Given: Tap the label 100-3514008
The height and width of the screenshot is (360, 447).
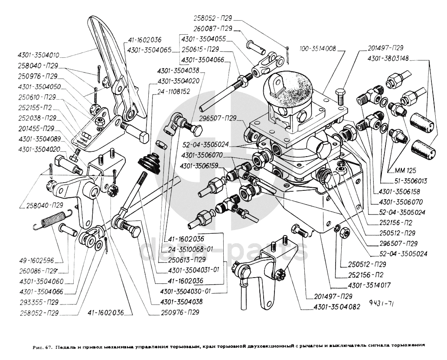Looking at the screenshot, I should (x=317, y=49).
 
